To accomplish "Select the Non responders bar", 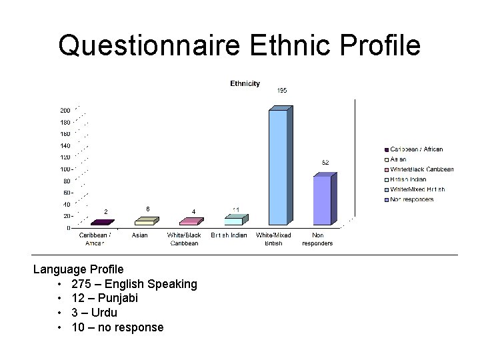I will (x=322, y=200).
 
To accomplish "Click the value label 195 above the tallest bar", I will (x=282, y=90).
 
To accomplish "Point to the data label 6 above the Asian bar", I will (x=147, y=209).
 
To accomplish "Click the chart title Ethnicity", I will (x=245, y=83).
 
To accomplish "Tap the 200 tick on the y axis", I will (x=65, y=111).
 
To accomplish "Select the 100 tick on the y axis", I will (x=65, y=169).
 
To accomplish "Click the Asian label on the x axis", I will (x=140, y=235).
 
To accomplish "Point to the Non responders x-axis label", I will (x=317, y=239).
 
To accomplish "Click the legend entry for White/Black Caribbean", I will (x=421, y=169).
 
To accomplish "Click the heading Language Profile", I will (x=79, y=269).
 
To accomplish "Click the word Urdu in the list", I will (x=103, y=313).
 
